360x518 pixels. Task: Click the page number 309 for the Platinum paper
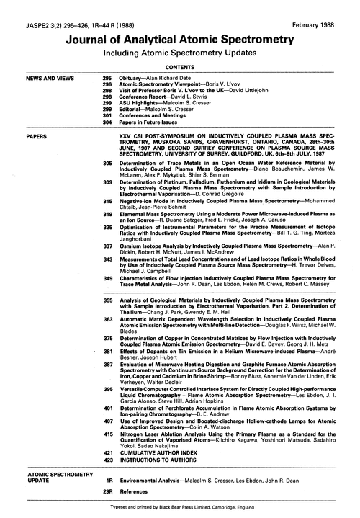107,185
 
